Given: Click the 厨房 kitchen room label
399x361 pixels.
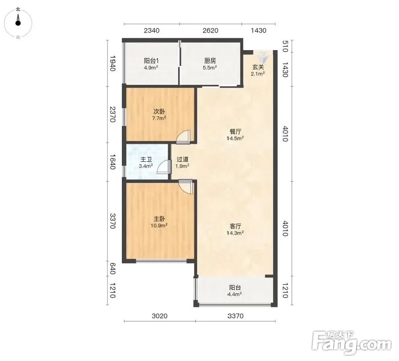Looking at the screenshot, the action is (x=210, y=61).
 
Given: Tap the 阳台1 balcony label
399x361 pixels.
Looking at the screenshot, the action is (x=151, y=61).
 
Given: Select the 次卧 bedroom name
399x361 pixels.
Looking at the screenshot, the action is (x=159, y=111).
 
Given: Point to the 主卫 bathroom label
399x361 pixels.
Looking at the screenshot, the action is (x=146, y=160).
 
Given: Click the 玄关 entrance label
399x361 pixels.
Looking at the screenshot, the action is (x=258, y=67).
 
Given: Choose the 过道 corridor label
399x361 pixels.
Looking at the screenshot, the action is (x=183, y=159).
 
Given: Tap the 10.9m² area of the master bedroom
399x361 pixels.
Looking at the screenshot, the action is (x=159, y=226).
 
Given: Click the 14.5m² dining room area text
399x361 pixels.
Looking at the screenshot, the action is (x=235, y=139).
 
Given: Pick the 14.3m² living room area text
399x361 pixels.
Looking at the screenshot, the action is (x=235, y=233).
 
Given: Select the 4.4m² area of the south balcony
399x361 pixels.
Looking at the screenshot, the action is (x=234, y=294).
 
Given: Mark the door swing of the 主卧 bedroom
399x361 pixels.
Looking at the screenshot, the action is (x=186, y=187).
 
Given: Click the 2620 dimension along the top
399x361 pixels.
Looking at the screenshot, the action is (x=210, y=30).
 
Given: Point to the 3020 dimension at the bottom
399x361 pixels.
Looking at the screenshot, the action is (x=160, y=316).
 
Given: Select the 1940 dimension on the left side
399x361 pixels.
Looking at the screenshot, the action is (x=113, y=63).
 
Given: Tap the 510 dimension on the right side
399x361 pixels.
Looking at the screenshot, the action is (x=285, y=46).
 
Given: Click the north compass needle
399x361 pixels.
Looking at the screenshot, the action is (x=18, y=20).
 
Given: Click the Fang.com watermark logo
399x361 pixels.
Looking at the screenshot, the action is (x=351, y=343).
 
